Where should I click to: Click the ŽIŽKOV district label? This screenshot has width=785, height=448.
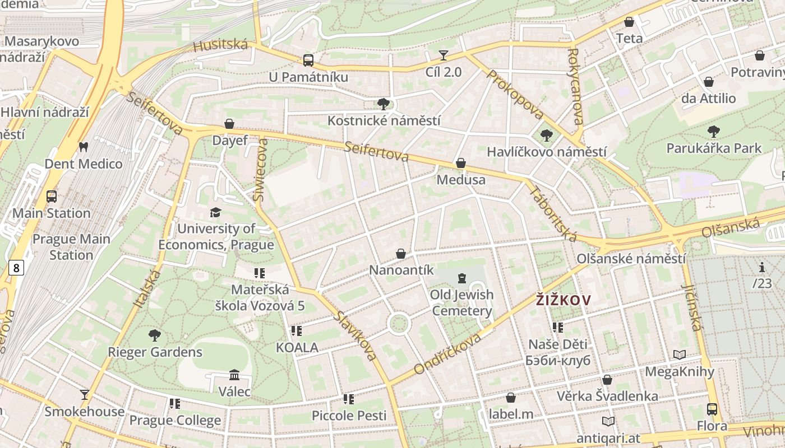[x=563, y=301]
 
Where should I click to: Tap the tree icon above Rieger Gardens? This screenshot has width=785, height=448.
[x=155, y=335]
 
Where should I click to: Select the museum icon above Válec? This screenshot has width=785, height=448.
[x=234, y=375]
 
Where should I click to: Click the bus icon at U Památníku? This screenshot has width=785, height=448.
[x=308, y=60]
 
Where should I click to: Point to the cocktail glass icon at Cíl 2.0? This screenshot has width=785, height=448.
[x=444, y=55]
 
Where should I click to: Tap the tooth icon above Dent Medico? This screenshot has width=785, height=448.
[x=84, y=147]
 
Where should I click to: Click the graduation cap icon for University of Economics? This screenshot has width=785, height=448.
[x=215, y=212]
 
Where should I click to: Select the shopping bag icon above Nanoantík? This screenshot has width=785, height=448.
[x=401, y=254]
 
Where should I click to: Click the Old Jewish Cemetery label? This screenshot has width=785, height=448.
[x=462, y=302]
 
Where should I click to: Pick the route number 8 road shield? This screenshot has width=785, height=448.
[x=16, y=268]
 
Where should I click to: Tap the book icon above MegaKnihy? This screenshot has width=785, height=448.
[x=680, y=354]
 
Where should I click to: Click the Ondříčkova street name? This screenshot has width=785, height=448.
[x=447, y=354]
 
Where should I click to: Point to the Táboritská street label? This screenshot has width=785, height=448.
[x=552, y=213]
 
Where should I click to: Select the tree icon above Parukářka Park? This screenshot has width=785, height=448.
[x=713, y=132]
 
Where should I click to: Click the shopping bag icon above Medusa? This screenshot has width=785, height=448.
[x=461, y=163]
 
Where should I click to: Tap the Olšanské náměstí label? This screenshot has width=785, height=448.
[x=631, y=259]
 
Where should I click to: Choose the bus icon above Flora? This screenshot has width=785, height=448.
[x=712, y=409]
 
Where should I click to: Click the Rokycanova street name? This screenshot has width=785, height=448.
[x=575, y=86]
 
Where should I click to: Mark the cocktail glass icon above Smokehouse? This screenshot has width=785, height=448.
[x=85, y=395]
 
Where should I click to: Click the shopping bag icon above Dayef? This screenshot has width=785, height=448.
[x=229, y=124]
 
